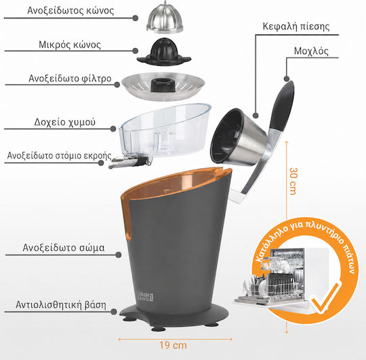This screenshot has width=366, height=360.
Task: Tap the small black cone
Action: [x=164, y=52]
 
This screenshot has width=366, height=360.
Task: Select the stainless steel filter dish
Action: [x=163, y=86]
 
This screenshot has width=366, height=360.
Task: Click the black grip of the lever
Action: [x=283, y=106]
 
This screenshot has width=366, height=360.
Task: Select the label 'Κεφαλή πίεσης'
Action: [x=296, y=26]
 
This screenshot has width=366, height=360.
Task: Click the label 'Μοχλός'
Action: [x=311, y=51]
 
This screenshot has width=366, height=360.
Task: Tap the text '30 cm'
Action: [x=293, y=181]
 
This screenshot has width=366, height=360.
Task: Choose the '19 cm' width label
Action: [x=174, y=345]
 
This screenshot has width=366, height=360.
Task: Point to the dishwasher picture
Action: [x=281, y=279]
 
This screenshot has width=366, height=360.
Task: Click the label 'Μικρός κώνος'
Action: [x=70, y=45]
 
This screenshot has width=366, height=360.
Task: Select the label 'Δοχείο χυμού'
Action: [x=64, y=122]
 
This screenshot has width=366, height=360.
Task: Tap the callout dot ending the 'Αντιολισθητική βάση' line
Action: [x=114, y=311]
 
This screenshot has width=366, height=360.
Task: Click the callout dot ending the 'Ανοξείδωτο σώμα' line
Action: [x=119, y=255]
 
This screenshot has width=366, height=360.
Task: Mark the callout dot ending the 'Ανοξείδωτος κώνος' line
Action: [x=135, y=18]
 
